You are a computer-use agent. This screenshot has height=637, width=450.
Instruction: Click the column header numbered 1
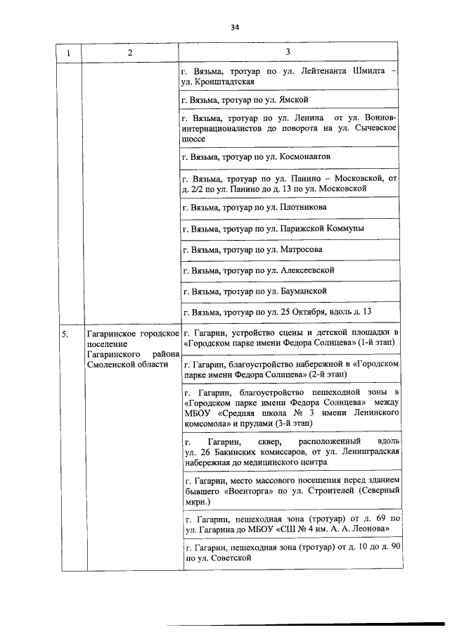point(68,53)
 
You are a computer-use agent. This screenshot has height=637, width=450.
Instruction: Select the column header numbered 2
point(130,53)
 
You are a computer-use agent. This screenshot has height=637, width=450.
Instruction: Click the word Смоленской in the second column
point(109,364)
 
